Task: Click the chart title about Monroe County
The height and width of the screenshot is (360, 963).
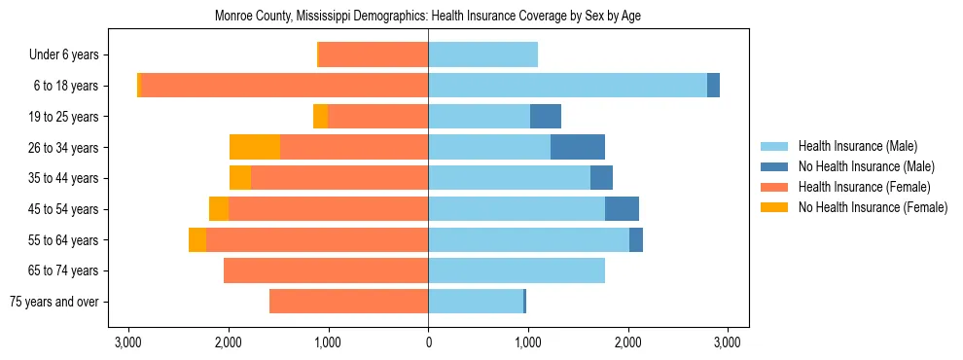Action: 427,16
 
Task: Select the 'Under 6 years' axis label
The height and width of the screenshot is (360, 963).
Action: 69,54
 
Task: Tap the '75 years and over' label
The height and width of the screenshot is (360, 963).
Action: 59,302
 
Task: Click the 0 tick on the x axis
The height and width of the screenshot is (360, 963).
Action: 428,342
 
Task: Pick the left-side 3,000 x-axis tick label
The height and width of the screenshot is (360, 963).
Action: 127,342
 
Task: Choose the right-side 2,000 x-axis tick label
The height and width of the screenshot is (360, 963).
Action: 627,342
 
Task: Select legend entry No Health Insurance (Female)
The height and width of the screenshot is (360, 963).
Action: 873,207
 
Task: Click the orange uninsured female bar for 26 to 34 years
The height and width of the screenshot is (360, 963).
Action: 255,147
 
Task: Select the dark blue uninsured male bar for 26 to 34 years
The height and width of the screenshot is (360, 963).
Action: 578,147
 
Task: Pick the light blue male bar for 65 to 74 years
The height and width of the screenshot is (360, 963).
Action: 517,270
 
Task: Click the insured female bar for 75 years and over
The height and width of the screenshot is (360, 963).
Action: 348,302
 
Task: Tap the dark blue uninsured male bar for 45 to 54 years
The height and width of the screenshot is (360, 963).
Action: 622,209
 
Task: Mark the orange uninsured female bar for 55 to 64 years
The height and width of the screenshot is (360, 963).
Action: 197,239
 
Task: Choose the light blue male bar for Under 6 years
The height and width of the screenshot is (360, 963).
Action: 482,54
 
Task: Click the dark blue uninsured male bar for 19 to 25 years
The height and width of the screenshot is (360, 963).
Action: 546,117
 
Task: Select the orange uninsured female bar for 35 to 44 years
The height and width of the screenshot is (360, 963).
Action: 240,178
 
